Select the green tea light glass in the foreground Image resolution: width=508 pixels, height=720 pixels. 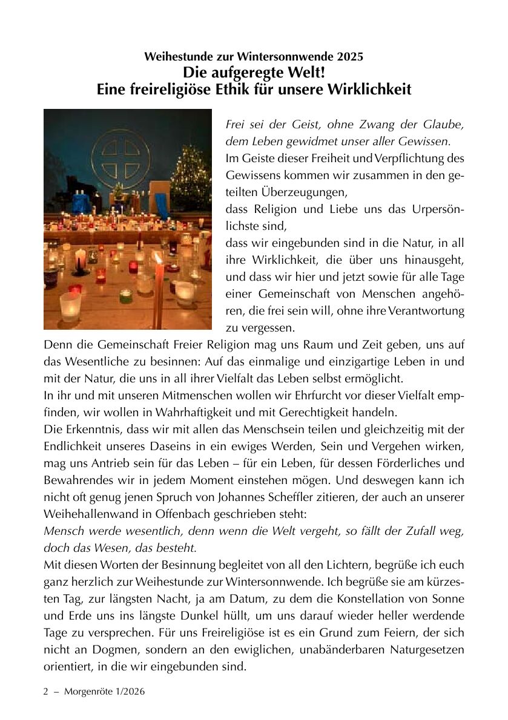(x=126, y=296)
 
